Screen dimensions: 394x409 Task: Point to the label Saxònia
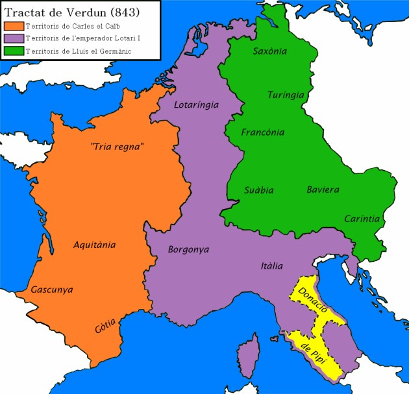click(x=270, y=51)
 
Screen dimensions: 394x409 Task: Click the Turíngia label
click(x=286, y=95)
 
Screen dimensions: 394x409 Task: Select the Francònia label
click(x=262, y=132)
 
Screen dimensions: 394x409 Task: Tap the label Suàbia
click(x=258, y=190)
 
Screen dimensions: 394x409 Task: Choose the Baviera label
click(x=323, y=190)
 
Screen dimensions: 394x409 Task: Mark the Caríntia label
click(x=362, y=219)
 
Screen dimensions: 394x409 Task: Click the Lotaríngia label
click(x=197, y=105)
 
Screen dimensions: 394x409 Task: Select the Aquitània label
click(x=95, y=245)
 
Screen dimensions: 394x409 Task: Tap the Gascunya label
click(x=52, y=289)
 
